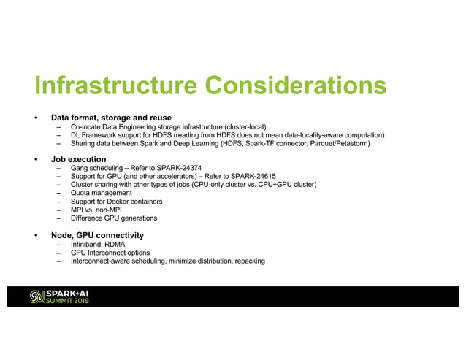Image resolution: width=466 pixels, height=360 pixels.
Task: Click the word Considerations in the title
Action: point(296,86)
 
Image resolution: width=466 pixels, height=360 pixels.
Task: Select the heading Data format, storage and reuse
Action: point(111,118)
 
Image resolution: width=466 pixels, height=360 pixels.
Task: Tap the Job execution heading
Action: point(78,159)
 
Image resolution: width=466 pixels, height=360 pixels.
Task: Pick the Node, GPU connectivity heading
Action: point(97,235)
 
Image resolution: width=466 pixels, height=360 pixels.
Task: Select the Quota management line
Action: point(101,194)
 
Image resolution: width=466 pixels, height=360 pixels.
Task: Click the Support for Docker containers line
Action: point(116,202)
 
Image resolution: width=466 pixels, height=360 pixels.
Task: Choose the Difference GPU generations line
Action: point(113,218)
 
